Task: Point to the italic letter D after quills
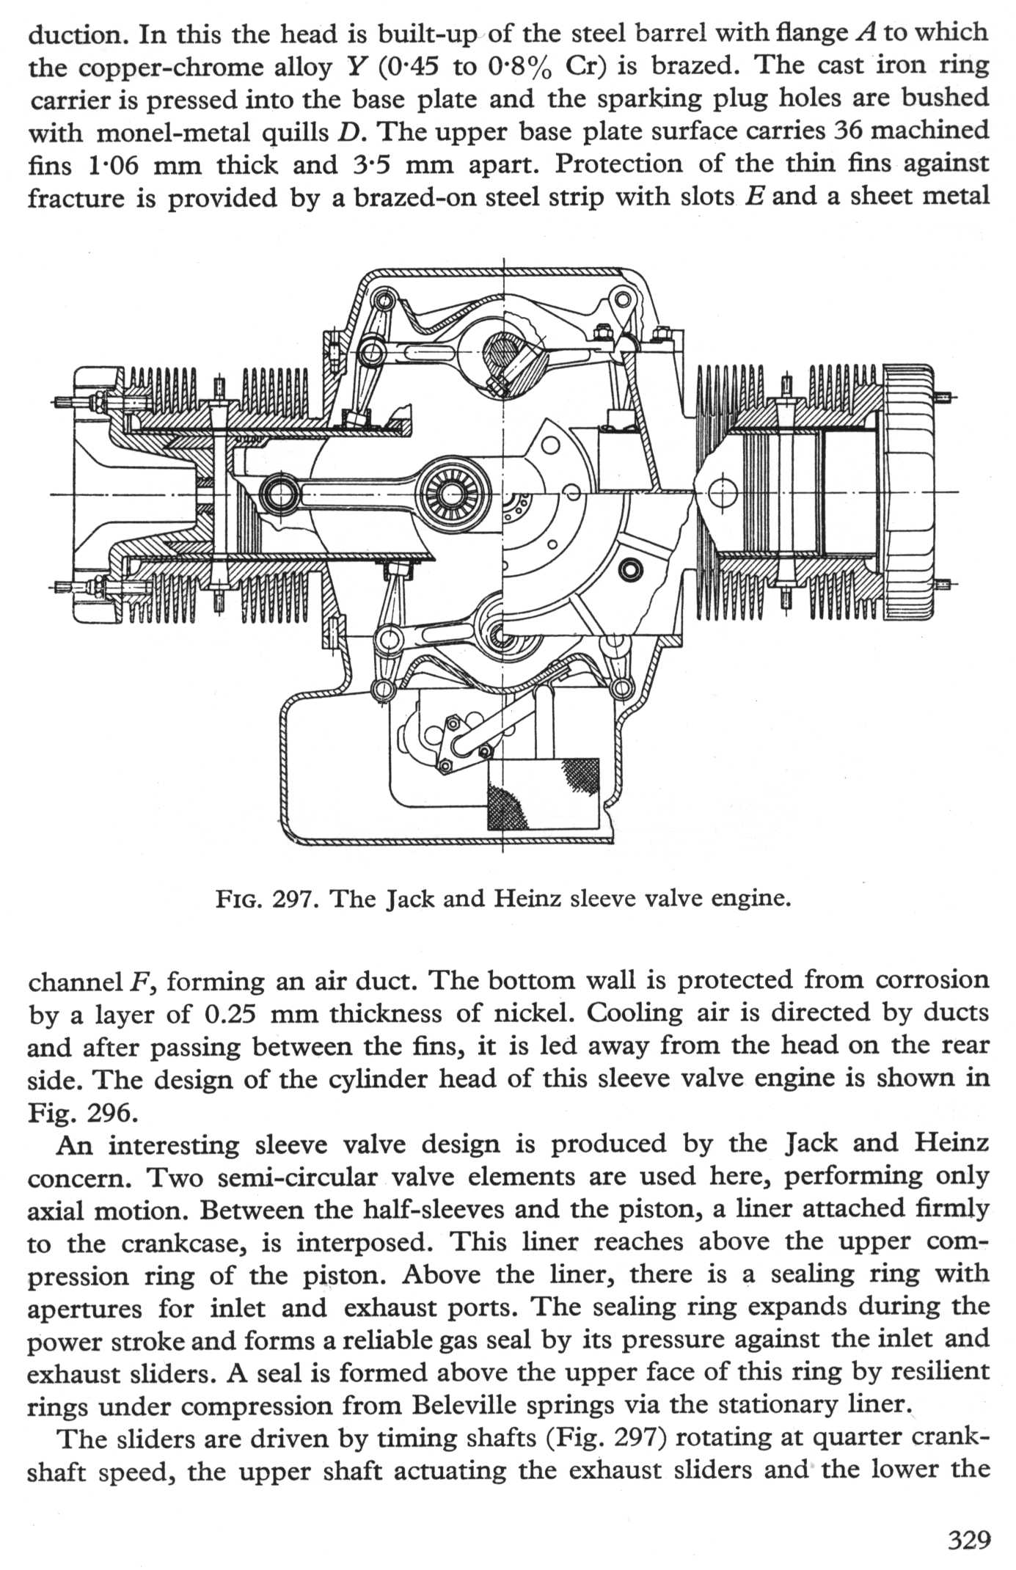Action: (x=348, y=132)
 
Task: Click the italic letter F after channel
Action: (x=136, y=982)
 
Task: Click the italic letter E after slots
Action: (x=751, y=197)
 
